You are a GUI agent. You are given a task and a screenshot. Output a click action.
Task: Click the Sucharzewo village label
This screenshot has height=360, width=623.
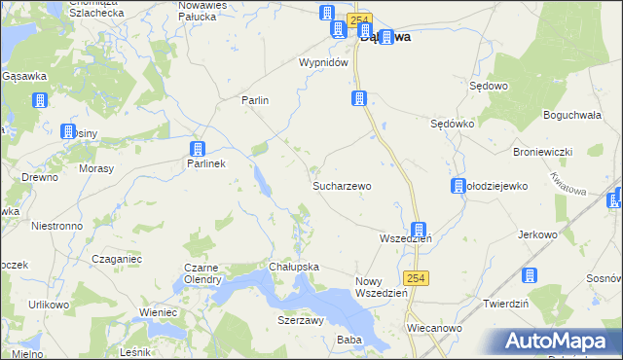pyautogui.click(x=342, y=185)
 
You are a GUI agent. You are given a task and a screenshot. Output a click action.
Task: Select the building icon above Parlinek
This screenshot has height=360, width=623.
pyautogui.click(x=198, y=149)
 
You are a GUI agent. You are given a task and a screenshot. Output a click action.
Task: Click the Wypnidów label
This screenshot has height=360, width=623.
pyautogui.click(x=323, y=62)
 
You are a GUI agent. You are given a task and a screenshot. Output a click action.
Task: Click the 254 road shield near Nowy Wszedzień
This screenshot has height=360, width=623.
pyautogui.click(x=416, y=277)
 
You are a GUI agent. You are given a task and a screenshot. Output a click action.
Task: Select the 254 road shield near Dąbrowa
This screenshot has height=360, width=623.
pyautogui.click(x=360, y=18)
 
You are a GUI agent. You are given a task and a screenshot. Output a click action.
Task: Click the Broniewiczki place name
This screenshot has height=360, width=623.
pyautogui.click(x=542, y=153)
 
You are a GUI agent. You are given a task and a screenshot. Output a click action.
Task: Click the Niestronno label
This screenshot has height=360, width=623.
pyautogui.click(x=56, y=225)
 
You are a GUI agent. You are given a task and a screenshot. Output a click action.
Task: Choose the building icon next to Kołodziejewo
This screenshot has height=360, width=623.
pyautogui.click(x=458, y=187)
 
